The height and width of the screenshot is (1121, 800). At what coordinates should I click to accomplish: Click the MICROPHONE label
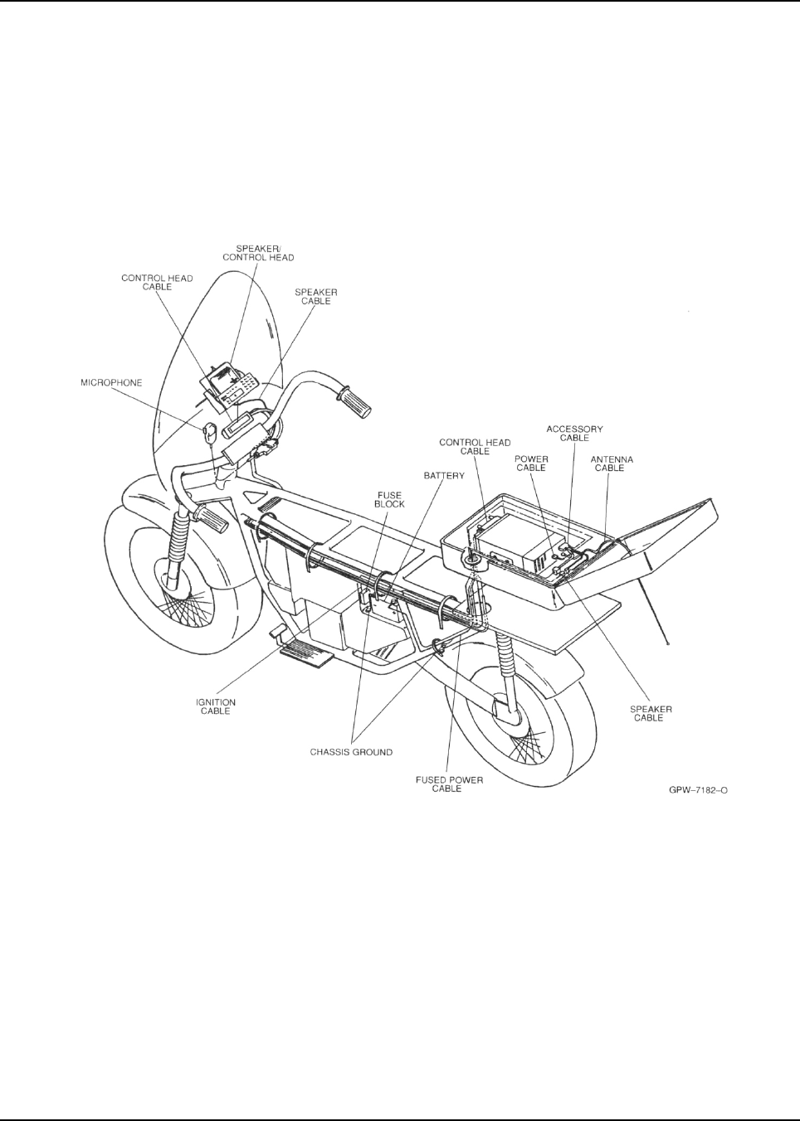pos(111,383)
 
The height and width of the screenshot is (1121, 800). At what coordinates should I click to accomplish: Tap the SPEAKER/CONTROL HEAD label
pos(265,252)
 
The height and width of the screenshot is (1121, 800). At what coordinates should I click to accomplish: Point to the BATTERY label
pos(444,476)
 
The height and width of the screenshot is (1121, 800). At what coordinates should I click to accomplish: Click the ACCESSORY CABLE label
pos(574,433)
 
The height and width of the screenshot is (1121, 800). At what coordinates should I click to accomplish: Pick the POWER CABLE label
pos(531,463)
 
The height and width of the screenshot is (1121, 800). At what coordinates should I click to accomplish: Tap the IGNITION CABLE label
pos(216,706)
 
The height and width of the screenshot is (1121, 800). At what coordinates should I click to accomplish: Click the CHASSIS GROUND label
pos(351,752)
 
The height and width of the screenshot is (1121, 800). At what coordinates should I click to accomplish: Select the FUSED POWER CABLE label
pos(449,784)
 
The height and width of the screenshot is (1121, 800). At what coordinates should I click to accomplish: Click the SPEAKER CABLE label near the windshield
pos(316,297)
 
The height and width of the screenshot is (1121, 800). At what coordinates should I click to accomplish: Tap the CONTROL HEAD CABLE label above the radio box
pos(475,447)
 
